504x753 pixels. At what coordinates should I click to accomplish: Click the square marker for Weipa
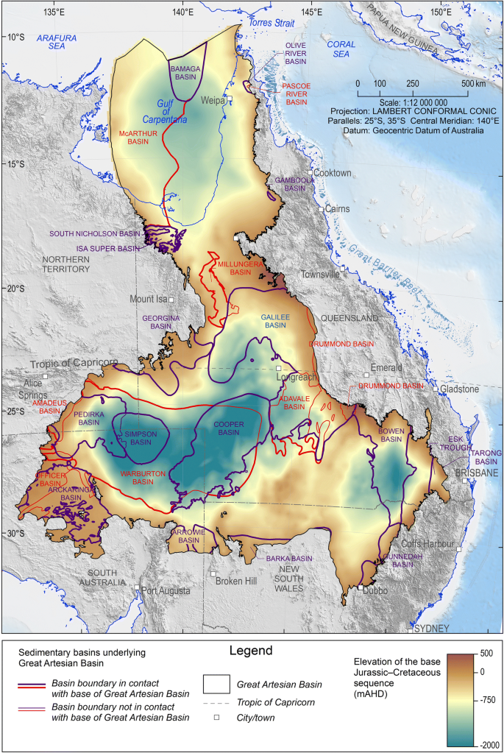[x=230, y=97]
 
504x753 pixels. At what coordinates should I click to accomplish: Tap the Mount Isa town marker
[x=171, y=300]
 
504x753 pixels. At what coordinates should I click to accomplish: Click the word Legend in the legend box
[x=251, y=651]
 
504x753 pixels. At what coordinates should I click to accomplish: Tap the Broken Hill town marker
[x=213, y=573]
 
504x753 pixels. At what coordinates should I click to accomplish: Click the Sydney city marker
[x=410, y=630]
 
